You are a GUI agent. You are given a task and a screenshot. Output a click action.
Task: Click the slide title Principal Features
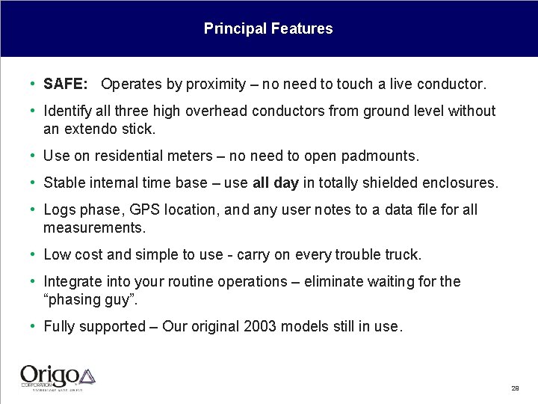[x=268, y=29]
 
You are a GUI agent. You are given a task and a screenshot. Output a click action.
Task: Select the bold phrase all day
[x=276, y=183]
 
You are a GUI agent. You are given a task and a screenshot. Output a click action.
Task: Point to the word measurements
[x=94, y=227]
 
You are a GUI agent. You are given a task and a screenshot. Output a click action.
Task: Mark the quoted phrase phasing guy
[x=90, y=299]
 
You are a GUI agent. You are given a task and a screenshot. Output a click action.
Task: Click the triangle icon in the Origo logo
[x=87, y=376]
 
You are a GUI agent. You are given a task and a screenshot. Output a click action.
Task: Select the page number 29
[x=515, y=388]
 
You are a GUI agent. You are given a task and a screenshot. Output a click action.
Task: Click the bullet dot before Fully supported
[x=34, y=326]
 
